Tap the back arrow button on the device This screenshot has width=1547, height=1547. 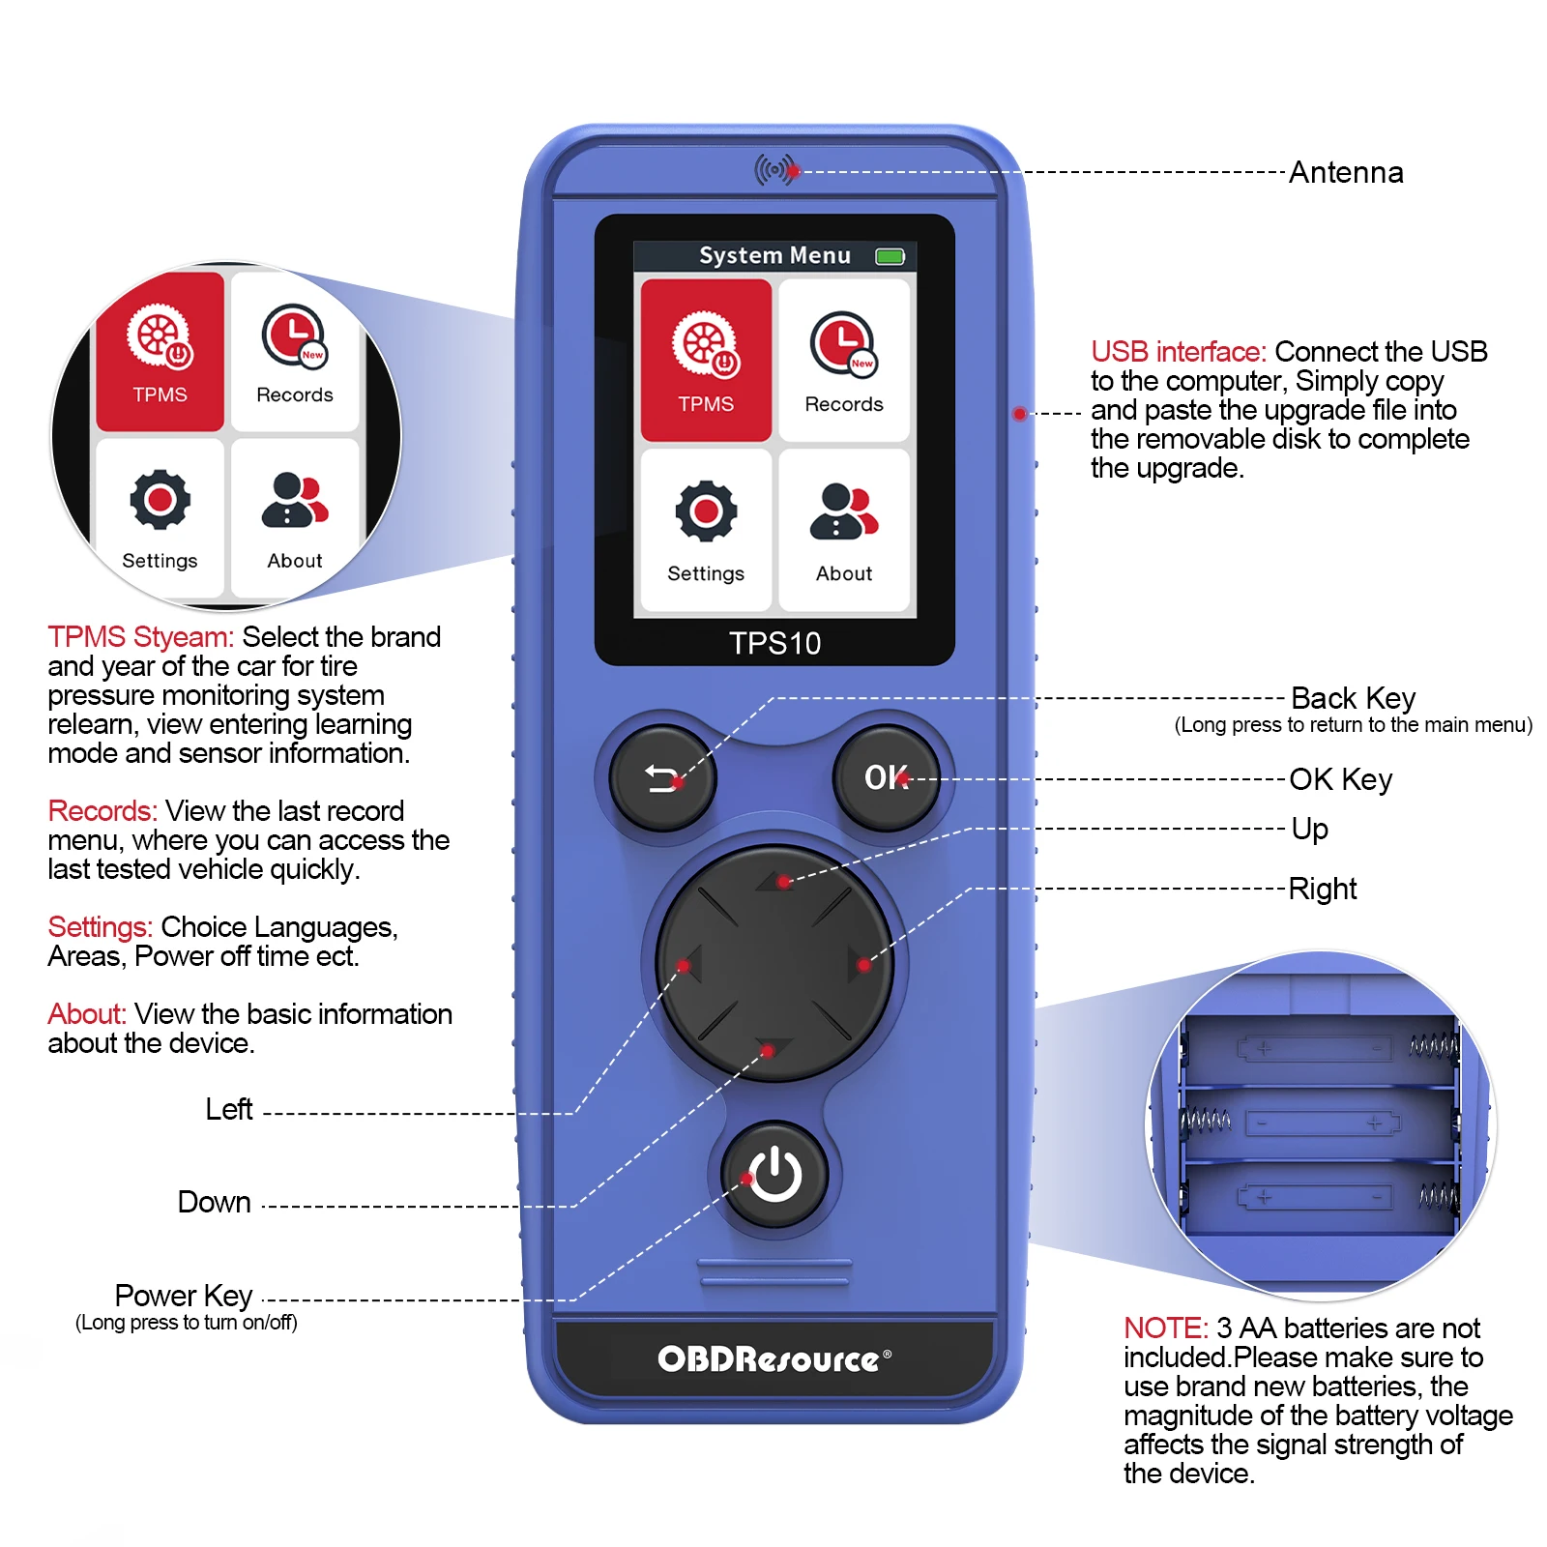[662, 778]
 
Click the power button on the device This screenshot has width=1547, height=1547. [775, 1175]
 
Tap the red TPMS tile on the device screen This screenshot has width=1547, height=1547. [706, 360]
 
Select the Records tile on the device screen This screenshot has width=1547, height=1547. [844, 360]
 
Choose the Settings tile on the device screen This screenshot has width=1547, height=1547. [706, 529]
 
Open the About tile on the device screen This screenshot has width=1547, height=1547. [844, 529]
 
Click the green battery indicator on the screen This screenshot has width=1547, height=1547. [890, 256]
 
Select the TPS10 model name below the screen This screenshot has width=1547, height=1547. [774, 643]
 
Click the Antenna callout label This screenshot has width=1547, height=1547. [1346, 173]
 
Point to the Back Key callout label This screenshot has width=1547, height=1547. [1353, 698]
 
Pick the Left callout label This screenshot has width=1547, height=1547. [229, 1109]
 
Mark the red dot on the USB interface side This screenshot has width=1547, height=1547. [1019, 414]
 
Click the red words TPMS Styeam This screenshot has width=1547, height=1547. [141, 637]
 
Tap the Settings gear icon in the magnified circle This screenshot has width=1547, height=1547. [160, 500]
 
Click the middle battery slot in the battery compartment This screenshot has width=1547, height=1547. [1321, 1124]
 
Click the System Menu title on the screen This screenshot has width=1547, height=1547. [774, 255]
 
